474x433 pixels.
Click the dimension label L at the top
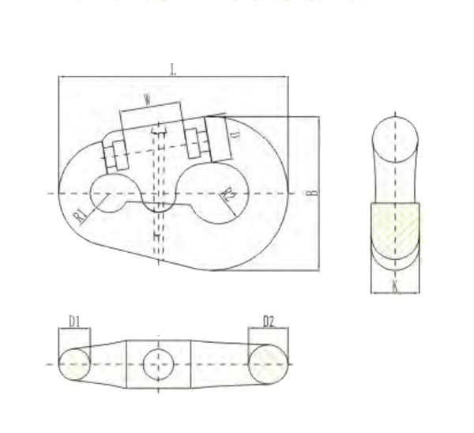click(173, 70)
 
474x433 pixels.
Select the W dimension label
click(148, 100)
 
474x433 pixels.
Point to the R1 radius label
click(81, 216)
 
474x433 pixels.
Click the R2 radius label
click(228, 195)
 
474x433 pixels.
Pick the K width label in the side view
click(395, 285)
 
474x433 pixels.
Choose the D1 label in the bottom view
click(74, 321)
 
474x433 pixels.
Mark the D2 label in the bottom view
click(268, 321)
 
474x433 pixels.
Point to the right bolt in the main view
click(197, 140)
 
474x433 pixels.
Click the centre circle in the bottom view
click(158, 364)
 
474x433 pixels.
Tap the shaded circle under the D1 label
click(74, 364)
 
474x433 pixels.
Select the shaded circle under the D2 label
click(268, 364)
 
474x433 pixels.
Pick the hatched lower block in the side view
click(396, 229)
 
